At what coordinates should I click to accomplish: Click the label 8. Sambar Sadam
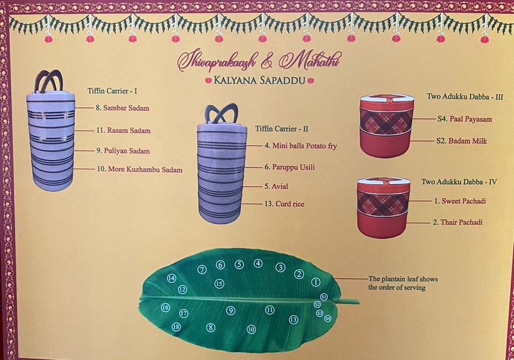point(123,108)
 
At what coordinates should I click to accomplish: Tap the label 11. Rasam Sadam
point(123,130)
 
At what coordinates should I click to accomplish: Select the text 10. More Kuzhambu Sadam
point(140,169)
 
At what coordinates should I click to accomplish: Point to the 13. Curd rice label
point(284,204)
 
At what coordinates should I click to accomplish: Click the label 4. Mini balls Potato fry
point(300,146)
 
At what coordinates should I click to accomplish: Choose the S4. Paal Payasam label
point(465,119)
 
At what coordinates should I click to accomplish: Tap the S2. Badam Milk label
point(462,141)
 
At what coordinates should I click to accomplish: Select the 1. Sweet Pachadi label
point(460,201)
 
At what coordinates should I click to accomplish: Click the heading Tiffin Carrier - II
point(282,129)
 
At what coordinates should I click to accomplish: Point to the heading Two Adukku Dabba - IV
point(459,182)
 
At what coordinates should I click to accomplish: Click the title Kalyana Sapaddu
point(260,80)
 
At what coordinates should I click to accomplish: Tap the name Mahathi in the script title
point(310,61)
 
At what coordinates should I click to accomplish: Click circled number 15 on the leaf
point(220,283)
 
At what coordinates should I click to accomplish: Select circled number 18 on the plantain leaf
point(176,327)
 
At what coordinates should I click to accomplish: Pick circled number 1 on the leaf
point(315,282)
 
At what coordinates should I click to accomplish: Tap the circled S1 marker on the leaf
point(323,297)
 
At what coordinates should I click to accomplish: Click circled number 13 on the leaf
point(293,320)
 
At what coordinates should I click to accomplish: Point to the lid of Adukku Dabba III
point(387,99)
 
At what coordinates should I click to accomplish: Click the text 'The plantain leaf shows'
point(403,279)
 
